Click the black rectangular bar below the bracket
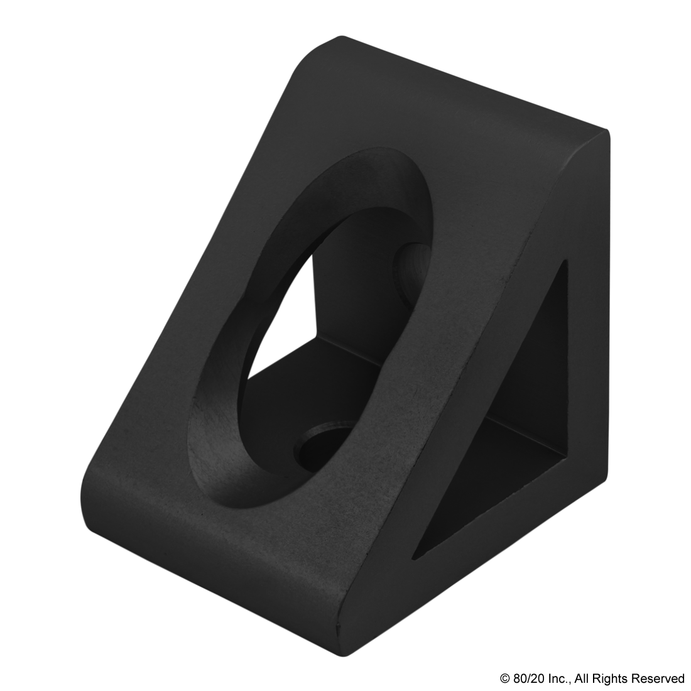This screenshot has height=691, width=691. point(592,679)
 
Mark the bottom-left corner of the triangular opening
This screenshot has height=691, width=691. point(414,557)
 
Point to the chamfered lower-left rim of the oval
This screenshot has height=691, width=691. point(214,440)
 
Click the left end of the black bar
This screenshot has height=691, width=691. point(503,679)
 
